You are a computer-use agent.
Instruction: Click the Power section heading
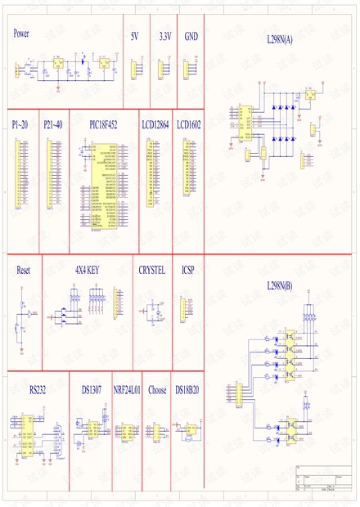click(x=21, y=34)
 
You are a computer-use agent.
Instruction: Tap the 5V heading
click(x=135, y=37)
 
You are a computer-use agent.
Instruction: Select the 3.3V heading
click(x=164, y=37)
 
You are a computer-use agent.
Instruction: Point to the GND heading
click(x=191, y=37)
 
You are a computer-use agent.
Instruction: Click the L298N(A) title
click(x=280, y=39)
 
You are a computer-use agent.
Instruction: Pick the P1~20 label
click(x=20, y=124)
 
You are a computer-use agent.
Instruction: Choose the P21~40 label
click(x=52, y=124)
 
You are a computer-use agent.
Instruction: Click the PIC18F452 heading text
click(x=103, y=124)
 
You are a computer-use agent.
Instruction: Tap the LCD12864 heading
click(x=155, y=124)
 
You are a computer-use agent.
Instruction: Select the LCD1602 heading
click(x=189, y=124)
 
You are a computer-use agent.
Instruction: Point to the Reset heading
click(x=23, y=269)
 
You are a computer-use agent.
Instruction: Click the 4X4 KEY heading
click(x=87, y=269)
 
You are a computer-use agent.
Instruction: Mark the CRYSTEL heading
click(x=151, y=269)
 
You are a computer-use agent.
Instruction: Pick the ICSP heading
click(x=188, y=269)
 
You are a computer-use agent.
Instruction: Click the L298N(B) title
click(x=280, y=285)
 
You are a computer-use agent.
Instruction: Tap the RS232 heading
click(x=38, y=390)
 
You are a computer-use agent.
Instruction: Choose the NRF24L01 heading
click(x=127, y=390)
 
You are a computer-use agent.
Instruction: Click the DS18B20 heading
click(x=187, y=390)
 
